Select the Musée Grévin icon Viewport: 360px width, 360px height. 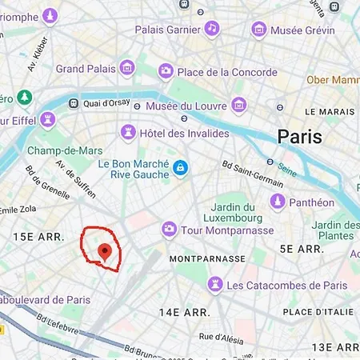[x=258, y=30]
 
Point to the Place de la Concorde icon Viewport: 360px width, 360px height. [x=166, y=72]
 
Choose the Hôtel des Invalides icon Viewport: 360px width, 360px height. [x=128, y=132]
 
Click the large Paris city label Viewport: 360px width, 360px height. [x=299, y=136]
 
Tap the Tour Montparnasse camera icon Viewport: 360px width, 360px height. [x=169, y=230]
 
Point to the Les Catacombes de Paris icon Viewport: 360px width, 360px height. [x=214, y=285]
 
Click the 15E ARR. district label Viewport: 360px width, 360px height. [x=37, y=238]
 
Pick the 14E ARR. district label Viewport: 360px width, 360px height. [x=184, y=312]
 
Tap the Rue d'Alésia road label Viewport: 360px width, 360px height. [x=222, y=337]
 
